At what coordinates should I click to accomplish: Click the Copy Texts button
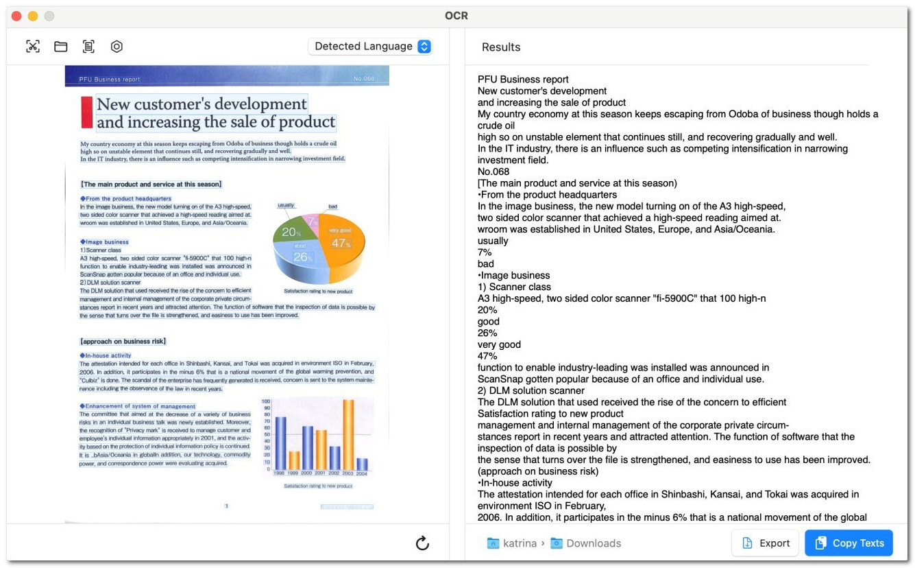point(849,543)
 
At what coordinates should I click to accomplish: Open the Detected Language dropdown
point(371,46)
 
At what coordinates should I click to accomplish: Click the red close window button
point(16,16)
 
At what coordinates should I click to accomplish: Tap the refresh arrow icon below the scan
point(422,543)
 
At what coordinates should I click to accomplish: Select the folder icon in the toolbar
point(61,47)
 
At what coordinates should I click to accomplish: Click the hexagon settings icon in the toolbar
point(117,47)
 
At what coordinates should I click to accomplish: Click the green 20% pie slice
point(289,231)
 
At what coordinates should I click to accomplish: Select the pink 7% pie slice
point(312,220)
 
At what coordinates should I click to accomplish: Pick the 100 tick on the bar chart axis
point(266,401)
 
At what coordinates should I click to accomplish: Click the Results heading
point(501,47)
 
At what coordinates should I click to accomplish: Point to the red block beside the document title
point(86,112)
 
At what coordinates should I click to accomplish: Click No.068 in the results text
point(493,171)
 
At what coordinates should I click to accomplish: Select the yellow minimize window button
point(32,16)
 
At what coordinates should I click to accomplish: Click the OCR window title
point(456,16)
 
